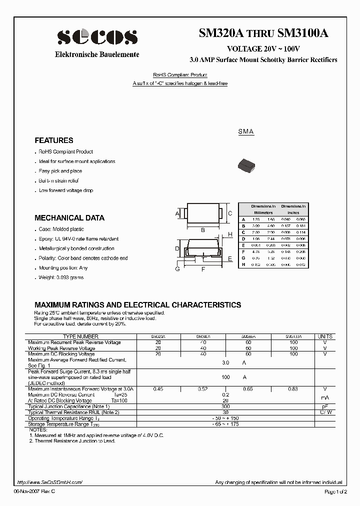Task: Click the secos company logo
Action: pos(97,36)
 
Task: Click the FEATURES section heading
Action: pos(53,140)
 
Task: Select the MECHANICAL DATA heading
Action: pos(69,218)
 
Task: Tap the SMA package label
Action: pos(246,131)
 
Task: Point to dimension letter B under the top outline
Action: pos(202,230)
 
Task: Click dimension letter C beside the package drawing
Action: pos(229,213)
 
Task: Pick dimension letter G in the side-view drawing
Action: pos(177,269)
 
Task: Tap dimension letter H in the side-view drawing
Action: pos(230,234)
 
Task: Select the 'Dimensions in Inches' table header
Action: pos(293,209)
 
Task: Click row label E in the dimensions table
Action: pos(243,245)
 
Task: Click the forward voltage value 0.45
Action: pos(158,388)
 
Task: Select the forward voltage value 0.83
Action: pos(293,388)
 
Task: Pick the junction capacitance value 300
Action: pos(225,406)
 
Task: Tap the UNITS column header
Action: pos(325,336)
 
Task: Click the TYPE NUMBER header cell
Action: pos(80,336)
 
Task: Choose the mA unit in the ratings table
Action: pos(325,397)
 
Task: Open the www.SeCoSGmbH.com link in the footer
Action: pos(49,482)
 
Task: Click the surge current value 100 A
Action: pos(233,377)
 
